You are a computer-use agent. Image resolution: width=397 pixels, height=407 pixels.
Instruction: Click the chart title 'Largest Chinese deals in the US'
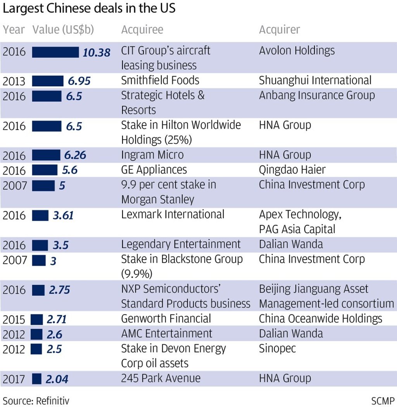[x=89, y=9]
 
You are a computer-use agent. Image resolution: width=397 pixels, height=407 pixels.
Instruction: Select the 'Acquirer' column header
[x=279, y=30]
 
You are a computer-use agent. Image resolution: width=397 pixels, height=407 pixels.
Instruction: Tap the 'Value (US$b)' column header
[x=63, y=30]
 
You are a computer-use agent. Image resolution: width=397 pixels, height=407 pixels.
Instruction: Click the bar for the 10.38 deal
[x=55, y=52]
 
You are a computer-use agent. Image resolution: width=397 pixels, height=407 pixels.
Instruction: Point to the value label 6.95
[x=79, y=81]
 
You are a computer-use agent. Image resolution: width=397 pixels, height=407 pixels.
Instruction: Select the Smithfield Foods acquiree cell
[x=160, y=80]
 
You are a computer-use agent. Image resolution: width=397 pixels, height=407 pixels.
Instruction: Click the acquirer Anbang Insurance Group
[x=317, y=95]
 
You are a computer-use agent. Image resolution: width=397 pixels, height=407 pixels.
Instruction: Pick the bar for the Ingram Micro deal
[x=46, y=155]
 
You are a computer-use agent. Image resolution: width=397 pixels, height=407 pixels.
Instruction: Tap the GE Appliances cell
[x=154, y=170]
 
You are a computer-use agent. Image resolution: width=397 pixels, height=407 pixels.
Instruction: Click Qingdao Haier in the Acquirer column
[x=292, y=170]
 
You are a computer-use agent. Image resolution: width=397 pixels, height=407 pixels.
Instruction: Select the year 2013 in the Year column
[x=14, y=81]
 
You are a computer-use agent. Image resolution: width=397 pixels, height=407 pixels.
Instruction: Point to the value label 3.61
[x=63, y=215]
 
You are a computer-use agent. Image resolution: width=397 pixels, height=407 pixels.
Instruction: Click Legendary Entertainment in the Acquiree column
[x=181, y=245]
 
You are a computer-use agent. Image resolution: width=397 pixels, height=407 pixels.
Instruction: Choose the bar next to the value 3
[x=38, y=260]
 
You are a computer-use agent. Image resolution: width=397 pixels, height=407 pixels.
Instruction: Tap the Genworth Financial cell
[x=166, y=319]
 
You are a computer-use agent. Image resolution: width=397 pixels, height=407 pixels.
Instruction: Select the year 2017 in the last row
[x=14, y=379]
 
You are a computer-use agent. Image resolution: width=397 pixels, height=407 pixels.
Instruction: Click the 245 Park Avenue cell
[x=161, y=378]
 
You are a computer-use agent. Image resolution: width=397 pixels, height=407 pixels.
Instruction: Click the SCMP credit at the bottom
[x=383, y=400]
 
